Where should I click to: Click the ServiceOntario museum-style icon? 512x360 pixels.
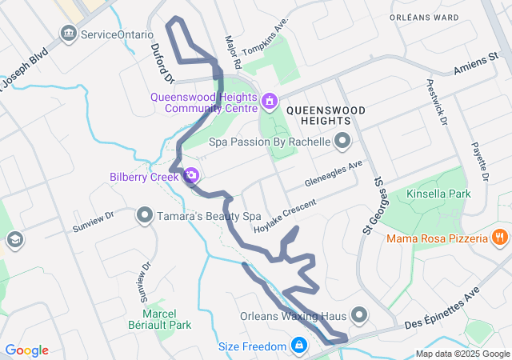pyautogui.click(x=69, y=34)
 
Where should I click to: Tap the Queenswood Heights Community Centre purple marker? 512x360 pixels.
pyautogui.click(x=270, y=101)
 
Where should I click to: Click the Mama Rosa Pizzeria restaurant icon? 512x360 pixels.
pyautogui.click(x=499, y=238)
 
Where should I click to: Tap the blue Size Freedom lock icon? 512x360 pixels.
pyautogui.click(x=298, y=346)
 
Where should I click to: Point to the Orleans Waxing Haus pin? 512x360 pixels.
pyautogui.click(x=358, y=315)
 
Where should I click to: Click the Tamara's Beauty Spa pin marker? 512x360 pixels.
pyautogui.click(x=145, y=215)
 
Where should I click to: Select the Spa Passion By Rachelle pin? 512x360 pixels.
pyautogui.click(x=342, y=142)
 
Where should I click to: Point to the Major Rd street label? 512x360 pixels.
pyautogui.click(x=233, y=50)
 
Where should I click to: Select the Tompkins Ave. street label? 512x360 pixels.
pyautogui.click(x=265, y=38)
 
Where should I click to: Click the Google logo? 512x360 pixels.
pyautogui.click(x=26, y=350)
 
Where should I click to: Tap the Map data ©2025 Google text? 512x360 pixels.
pyautogui.click(x=462, y=354)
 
